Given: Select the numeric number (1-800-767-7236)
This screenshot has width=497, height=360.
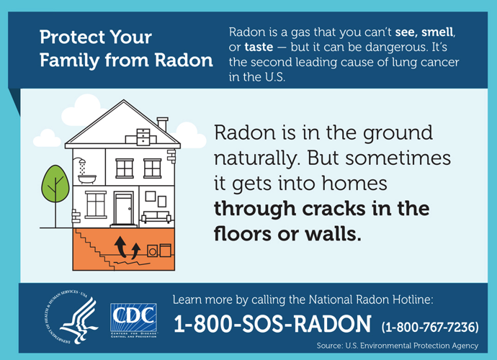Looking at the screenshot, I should click(x=429, y=326).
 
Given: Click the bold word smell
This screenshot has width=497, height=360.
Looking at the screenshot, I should click(x=439, y=32).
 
